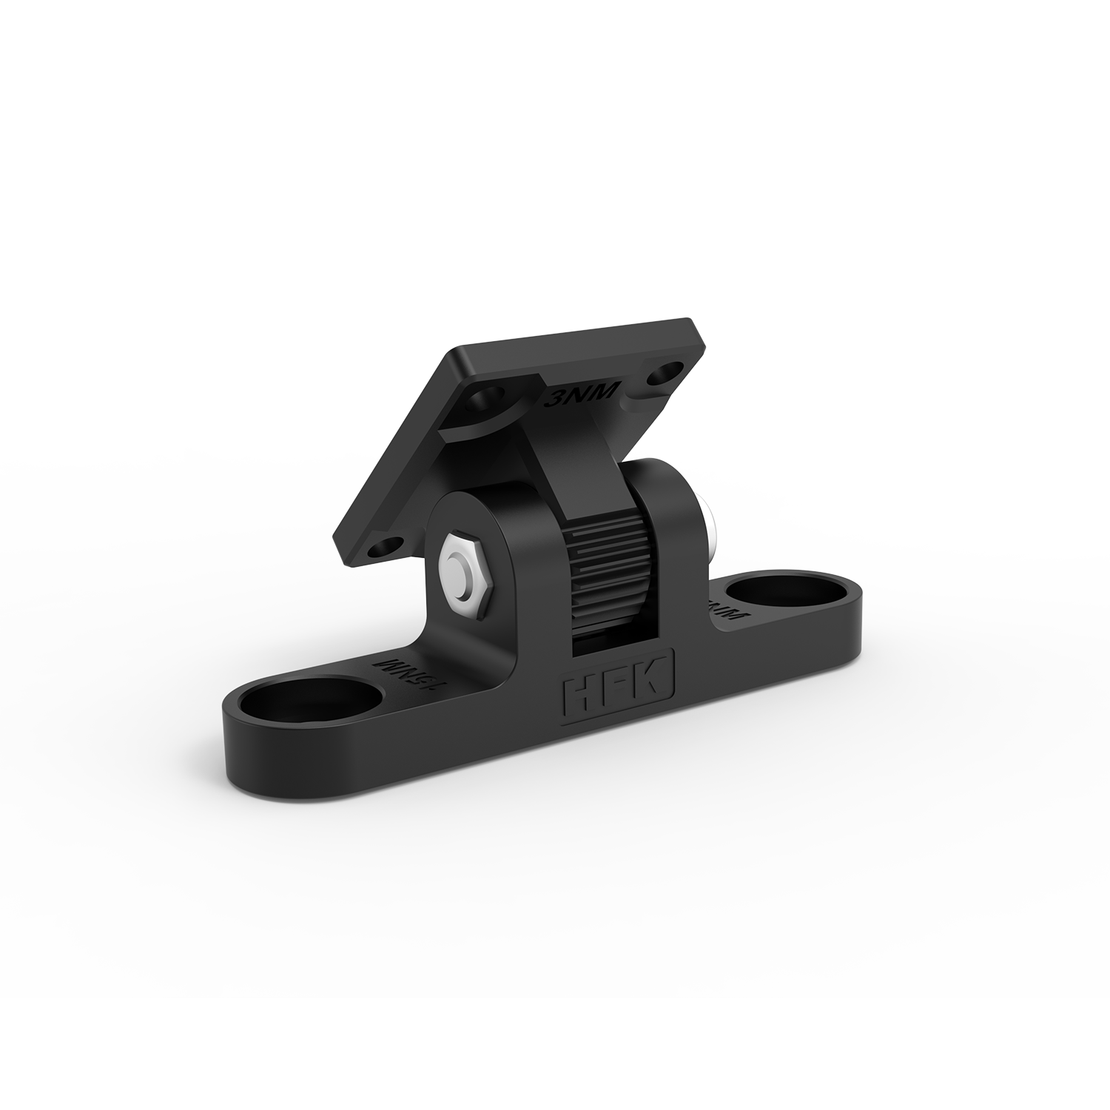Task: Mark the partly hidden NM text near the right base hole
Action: tap(728, 609)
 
